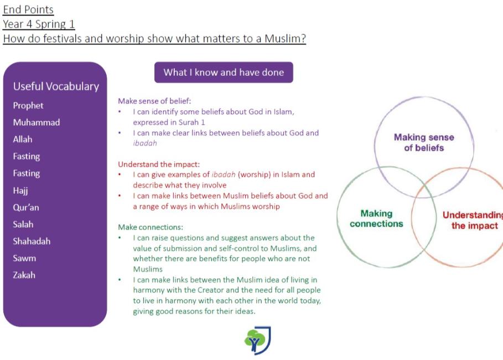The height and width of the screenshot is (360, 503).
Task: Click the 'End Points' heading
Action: (x=28, y=9)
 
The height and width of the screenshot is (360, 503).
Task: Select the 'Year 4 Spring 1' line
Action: (x=39, y=24)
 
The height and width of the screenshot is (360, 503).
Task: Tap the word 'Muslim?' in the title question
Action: (x=285, y=39)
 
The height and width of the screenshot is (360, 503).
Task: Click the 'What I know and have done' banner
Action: (x=224, y=72)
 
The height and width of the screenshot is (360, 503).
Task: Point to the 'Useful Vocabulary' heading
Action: (x=56, y=86)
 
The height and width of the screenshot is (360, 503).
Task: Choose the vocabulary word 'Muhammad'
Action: (x=37, y=122)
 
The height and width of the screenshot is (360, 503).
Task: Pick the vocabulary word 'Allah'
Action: (x=23, y=140)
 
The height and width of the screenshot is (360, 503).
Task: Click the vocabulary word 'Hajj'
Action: (x=20, y=191)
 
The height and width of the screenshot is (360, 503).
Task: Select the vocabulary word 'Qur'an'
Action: (x=25, y=208)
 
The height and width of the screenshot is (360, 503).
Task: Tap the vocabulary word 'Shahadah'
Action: (x=32, y=241)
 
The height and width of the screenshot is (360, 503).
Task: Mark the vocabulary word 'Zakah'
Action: (x=24, y=275)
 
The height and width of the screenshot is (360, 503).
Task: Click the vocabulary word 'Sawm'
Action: (x=24, y=258)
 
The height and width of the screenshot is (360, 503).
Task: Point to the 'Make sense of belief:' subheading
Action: (x=154, y=101)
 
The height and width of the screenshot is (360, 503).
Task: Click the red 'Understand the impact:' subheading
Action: (x=159, y=164)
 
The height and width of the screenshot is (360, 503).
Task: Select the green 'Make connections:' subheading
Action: (x=151, y=227)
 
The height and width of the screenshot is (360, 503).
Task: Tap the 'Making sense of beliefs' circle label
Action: (x=424, y=142)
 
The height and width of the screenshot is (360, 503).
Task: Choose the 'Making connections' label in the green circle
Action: (x=376, y=219)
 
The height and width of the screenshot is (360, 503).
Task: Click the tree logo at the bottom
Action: (x=257, y=341)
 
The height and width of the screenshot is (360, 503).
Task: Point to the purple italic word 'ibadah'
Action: (x=145, y=143)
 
